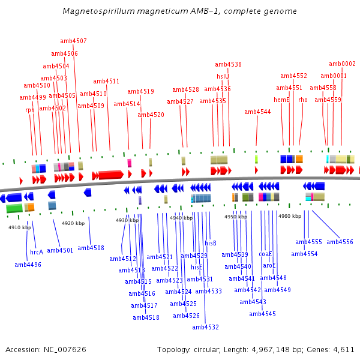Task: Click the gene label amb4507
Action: click(x=73, y=41)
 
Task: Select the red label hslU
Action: click(x=223, y=76)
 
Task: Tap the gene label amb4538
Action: click(x=228, y=65)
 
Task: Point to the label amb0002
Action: click(x=342, y=64)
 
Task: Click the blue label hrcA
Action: click(x=37, y=252)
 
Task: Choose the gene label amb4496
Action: click(x=28, y=265)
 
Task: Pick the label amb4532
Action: click(x=206, y=328)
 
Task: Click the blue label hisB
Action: click(x=211, y=243)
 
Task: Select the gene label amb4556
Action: click(x=340, y=242)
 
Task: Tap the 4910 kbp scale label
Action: click(x=20, y=227)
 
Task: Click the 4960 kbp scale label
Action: click(x=290, y=216)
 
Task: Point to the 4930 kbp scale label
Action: click(x=127, y=220)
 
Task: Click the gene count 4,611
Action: click(x=343, y=349)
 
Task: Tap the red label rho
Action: click(x=303, y=100)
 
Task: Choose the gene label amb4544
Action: click(x=257, y=112)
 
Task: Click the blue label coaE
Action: click(x=266, y=254)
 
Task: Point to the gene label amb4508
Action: click(x=91, y=248)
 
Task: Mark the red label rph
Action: click(x=30, y=110)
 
